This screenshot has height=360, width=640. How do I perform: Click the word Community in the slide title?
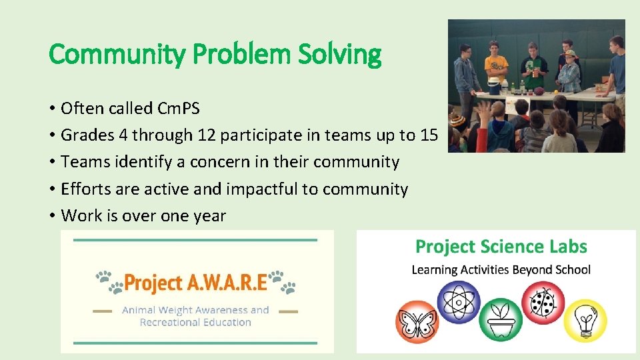pos(115,55)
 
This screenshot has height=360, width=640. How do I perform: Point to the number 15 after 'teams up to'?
pos(429,135)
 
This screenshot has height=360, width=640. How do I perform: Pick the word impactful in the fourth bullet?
pos(261,189)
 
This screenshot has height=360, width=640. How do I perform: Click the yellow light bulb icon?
pos(585,320)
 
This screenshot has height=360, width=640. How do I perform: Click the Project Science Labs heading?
pos(501,247)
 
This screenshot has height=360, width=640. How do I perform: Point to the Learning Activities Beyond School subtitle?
pos(501,269)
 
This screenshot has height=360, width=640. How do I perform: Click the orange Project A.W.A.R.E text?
pos(196,283)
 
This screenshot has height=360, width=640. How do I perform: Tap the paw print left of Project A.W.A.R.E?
pos(109,281)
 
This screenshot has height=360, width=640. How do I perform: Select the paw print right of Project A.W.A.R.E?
pos(283,281)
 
